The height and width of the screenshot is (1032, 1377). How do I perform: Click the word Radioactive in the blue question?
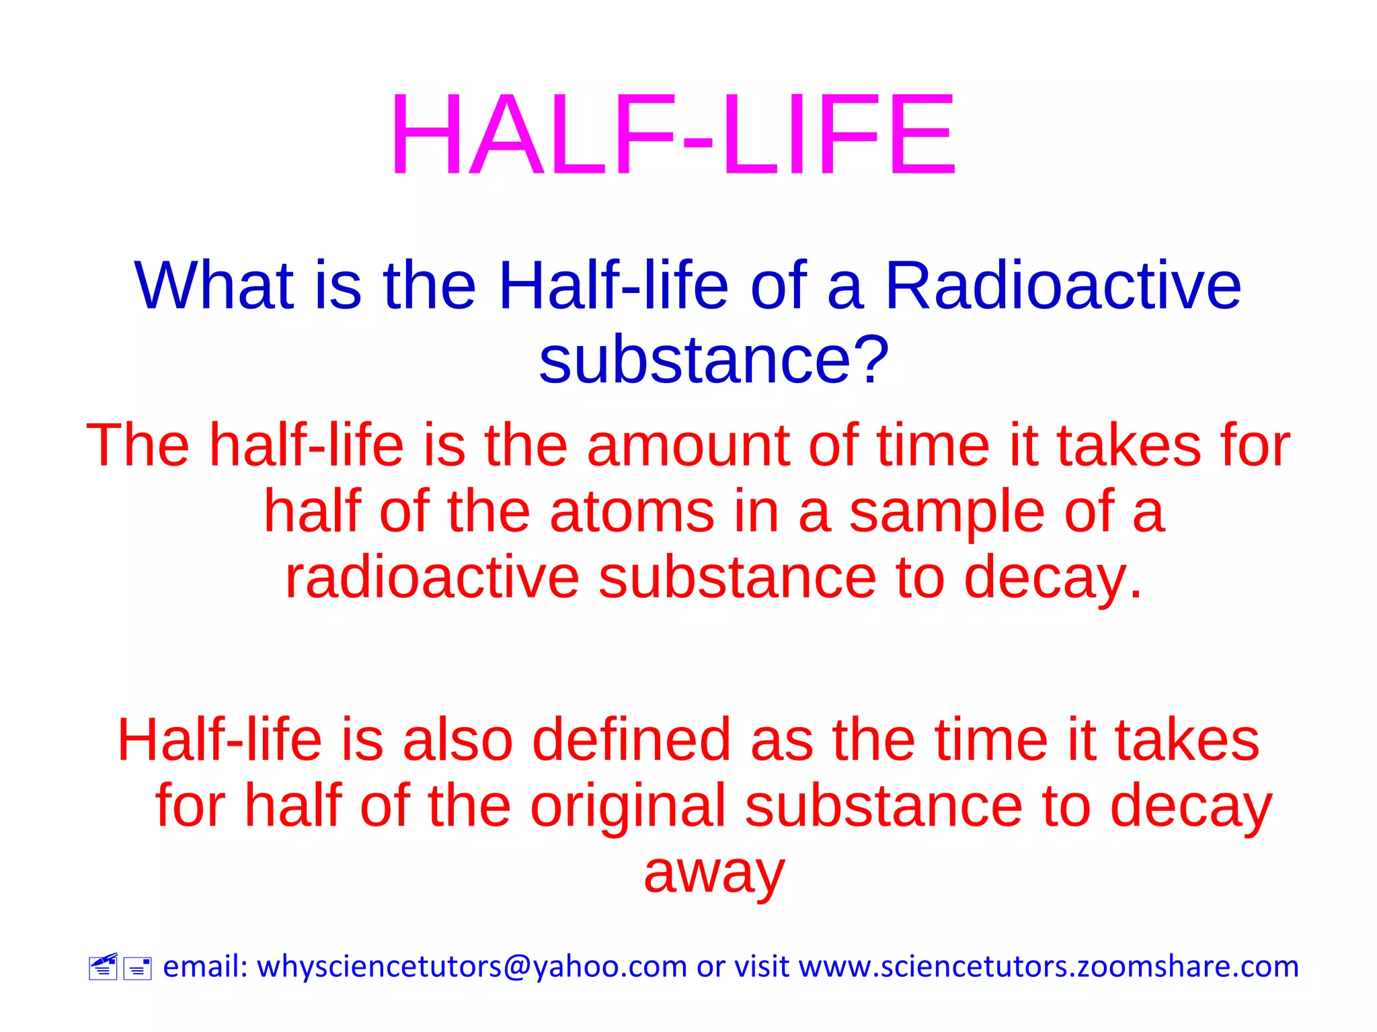coord(1062,287)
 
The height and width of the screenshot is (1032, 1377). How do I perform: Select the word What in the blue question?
coord(214,287)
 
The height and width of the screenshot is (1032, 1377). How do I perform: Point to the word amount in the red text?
coord(688,446)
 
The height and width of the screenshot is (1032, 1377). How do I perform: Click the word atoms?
coord(631,513)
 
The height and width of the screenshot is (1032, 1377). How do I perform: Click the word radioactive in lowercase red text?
coord(432,578)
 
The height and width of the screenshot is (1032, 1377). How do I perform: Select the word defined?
coord(631,740)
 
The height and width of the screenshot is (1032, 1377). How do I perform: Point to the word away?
coord(714,873)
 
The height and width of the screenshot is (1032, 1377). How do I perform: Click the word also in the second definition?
coord(458,740)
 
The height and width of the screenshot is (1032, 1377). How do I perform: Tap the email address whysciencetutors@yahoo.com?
coord(472,967)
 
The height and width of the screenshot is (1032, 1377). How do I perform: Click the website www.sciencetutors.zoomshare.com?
coord(1048,967)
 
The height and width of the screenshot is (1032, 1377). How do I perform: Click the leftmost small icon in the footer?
coord(103,967)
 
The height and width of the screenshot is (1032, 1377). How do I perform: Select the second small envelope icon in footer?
coord(137,969)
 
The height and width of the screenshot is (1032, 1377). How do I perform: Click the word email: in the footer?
coord(206,967)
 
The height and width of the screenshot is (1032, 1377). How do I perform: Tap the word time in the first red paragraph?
coord(933,446)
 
